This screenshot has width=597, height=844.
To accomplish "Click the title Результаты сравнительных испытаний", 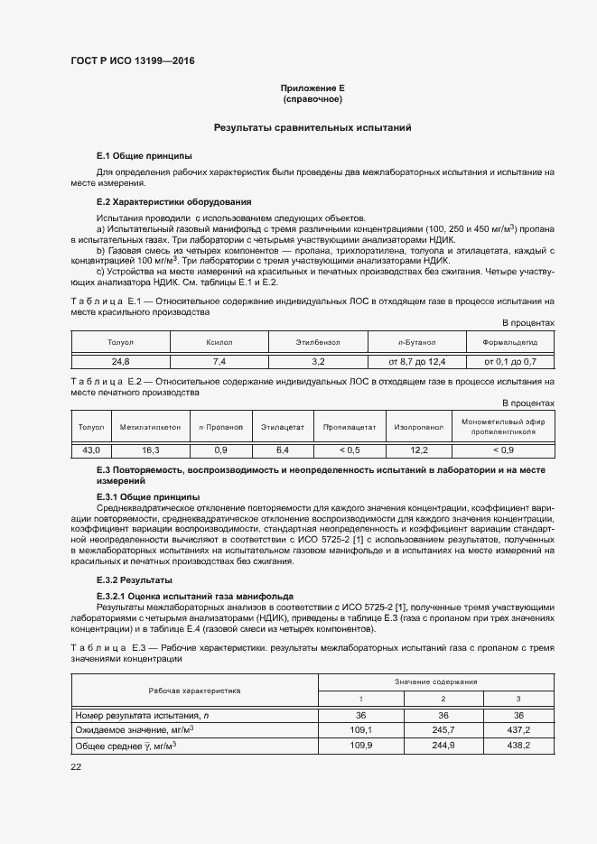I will tap(312, 128).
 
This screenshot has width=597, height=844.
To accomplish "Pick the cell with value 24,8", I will tap(119, 361).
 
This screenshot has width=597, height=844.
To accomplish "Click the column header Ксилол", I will tap(219, 342).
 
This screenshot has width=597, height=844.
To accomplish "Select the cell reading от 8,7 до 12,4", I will tap(416, 361).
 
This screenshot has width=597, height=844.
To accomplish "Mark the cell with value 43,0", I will tap(91, 450).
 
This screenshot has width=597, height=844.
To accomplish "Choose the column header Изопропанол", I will tap(419, 425).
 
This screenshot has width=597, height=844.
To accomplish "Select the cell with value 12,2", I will tap(419, 450).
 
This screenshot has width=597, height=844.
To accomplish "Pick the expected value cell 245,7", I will tap(443, 729).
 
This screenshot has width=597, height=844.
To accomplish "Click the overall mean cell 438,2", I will tap(518, 745).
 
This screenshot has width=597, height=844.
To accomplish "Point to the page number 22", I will tap(76, 766).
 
